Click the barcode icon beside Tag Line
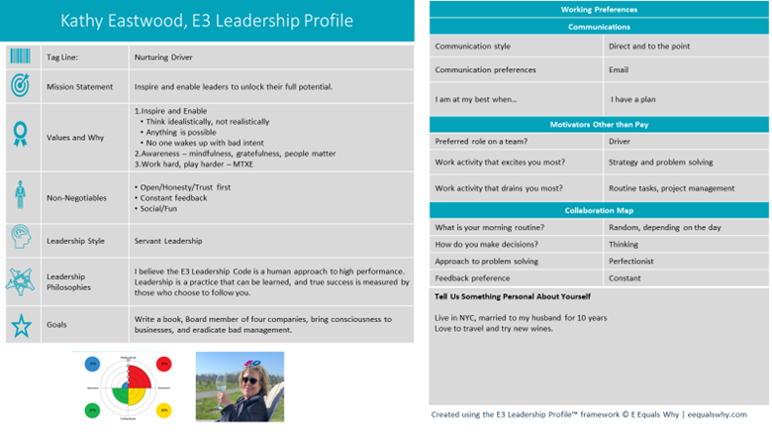coord(21,56)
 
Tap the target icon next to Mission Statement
coord(21,86)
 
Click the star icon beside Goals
coord(21,325)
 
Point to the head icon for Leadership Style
coord(21,239)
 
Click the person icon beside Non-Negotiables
coord(21,194)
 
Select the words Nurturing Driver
coord(164,57)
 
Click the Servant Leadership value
coord(168,241)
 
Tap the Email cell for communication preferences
coord(620,70)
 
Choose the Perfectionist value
coord(635,262)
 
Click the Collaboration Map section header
coord(599,211)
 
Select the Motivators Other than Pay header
coord(599,124)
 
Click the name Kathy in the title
coord(86,21)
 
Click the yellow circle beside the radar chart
coord(162,408)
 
